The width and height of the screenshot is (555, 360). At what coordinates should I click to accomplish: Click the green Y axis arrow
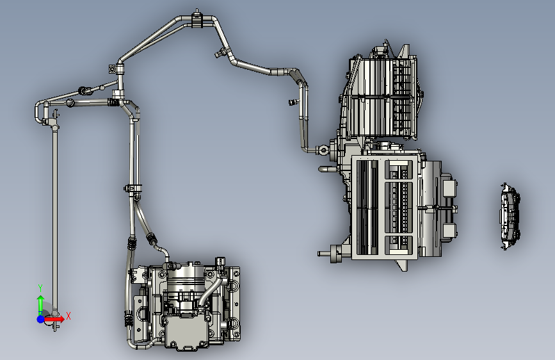40,304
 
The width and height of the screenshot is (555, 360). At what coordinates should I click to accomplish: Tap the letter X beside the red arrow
68,316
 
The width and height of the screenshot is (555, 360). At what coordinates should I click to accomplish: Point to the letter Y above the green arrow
40,288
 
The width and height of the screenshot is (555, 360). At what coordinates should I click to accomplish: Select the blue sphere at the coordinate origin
41,319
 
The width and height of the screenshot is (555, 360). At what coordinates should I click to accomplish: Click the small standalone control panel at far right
510,217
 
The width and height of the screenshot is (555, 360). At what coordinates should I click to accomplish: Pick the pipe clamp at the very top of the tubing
197,19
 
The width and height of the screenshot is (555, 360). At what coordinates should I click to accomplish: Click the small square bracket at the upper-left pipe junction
112,69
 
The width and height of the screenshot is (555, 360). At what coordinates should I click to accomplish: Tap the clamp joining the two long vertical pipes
133,188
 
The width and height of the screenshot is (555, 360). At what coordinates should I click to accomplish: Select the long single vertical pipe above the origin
55,220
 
